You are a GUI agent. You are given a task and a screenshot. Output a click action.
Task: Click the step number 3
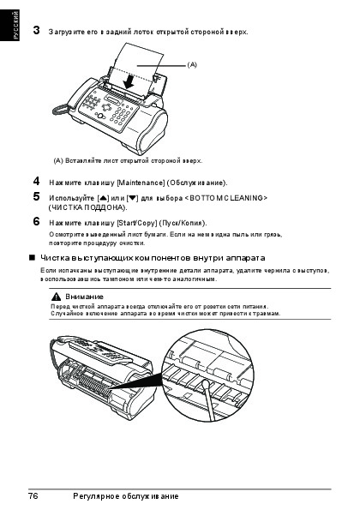(x=36, y=30)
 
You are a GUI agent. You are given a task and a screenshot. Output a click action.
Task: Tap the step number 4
(x=36, y=181)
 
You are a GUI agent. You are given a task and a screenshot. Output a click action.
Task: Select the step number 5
(x=36, y=197)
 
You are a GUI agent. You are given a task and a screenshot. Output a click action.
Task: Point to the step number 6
(x=36, y=221)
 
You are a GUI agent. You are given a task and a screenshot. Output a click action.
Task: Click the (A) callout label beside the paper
(x=192, y=64)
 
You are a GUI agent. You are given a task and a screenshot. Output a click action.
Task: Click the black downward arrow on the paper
(x=129, y=81)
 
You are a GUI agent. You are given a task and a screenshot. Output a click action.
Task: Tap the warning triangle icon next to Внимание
(x=56, y=297)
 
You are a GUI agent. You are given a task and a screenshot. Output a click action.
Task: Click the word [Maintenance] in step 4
(x=141, y=183)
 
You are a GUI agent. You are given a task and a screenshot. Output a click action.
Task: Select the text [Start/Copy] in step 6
(x=136, y=223)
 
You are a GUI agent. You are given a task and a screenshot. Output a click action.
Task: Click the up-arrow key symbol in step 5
(x=103, y=198)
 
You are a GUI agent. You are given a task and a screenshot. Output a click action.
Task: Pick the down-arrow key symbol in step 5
(x=132, y=198)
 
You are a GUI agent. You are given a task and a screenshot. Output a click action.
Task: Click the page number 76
(x=33, y=496)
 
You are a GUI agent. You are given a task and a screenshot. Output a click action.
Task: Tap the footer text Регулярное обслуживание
(x=126, y=496)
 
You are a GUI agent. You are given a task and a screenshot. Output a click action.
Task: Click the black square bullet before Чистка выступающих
(x=32, y=258)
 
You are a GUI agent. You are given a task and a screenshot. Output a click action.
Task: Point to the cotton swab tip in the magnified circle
(x=206, y=386)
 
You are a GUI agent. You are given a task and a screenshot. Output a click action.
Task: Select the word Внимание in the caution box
(x=84, y=297)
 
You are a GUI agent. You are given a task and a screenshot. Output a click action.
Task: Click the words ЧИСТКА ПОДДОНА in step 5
(x=87, y=207)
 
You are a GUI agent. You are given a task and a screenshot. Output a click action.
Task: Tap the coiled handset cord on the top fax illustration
(x=61, y=110)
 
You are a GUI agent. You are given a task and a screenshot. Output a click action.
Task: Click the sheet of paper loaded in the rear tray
(x=136, y=65)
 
